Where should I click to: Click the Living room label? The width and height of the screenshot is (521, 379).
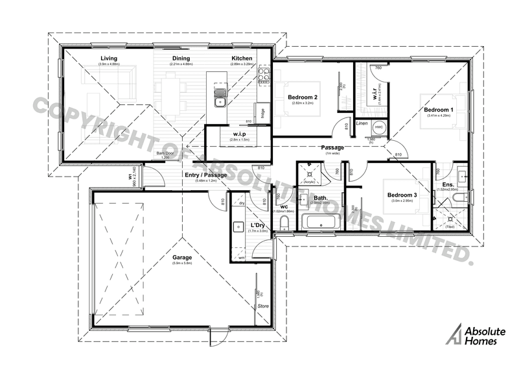click(x=108, y=59)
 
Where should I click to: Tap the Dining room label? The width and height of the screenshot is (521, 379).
click(x=181, y=59)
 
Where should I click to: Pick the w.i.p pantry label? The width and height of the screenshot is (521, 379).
click(x=231, y=134)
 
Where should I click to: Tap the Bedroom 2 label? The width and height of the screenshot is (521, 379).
click(x=303, y=97)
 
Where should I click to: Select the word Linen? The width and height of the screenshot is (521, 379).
click(x=362, y=123)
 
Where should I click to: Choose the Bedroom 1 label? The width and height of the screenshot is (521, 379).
click(x=439, y=110)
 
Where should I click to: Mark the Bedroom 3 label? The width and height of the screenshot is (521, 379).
click(x=401, y=195)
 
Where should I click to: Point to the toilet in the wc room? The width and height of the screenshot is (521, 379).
click(x=285, y=224)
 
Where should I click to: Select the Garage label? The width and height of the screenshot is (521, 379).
click(x=181, y=258)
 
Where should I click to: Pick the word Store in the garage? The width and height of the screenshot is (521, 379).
click(x=263, y=304)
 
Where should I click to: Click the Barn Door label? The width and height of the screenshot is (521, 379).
click(x=167, y=154)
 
